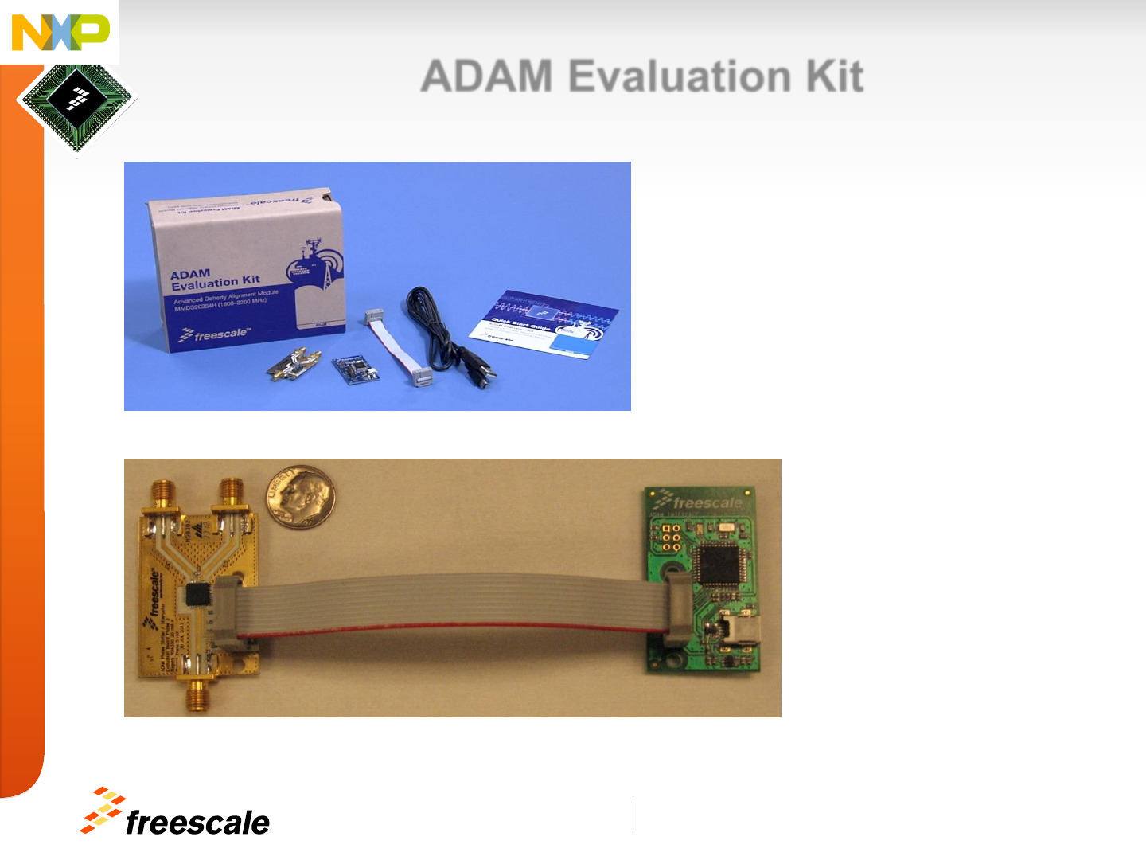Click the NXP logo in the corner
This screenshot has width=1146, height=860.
[60, 32]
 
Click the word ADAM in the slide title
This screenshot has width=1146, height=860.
[486, 76]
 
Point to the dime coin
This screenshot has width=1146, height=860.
[301, 495]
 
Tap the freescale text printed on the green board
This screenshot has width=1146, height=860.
[706, 502]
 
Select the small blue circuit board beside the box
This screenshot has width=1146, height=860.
[355, 369]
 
